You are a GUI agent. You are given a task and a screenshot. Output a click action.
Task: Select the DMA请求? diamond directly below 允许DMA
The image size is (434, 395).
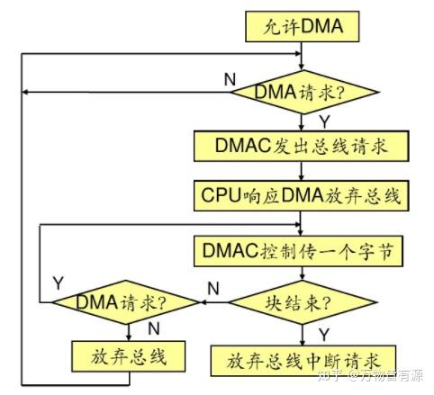point(303,91)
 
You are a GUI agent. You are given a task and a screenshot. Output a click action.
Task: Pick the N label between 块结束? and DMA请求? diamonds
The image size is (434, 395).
point(212,288)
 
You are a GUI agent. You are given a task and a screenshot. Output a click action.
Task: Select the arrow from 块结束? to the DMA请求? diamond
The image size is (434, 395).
point(216,303)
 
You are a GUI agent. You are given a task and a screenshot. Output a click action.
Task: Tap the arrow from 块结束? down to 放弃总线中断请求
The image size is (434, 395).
point(303,334)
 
